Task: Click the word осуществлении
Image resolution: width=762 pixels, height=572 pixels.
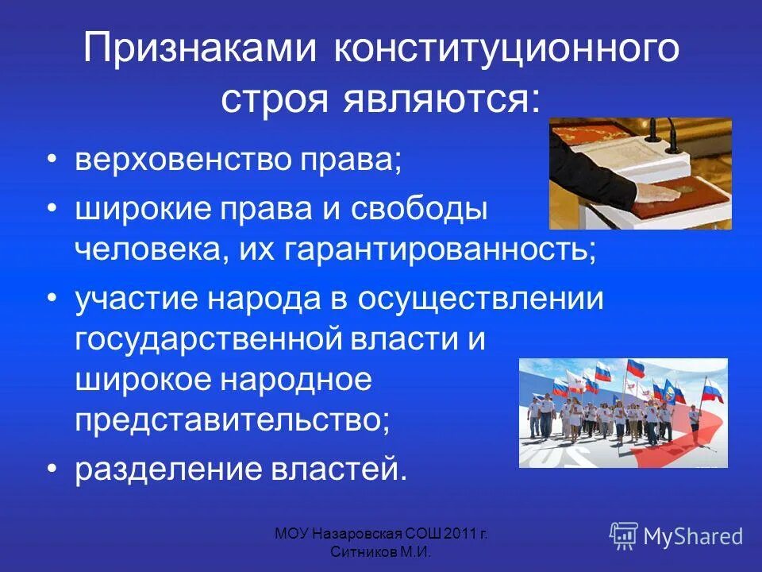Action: click(x=480, y=300)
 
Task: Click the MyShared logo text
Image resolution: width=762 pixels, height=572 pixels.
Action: click(x=693, y=536)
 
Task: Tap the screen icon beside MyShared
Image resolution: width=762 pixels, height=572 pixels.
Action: click(x=624, y=536)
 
